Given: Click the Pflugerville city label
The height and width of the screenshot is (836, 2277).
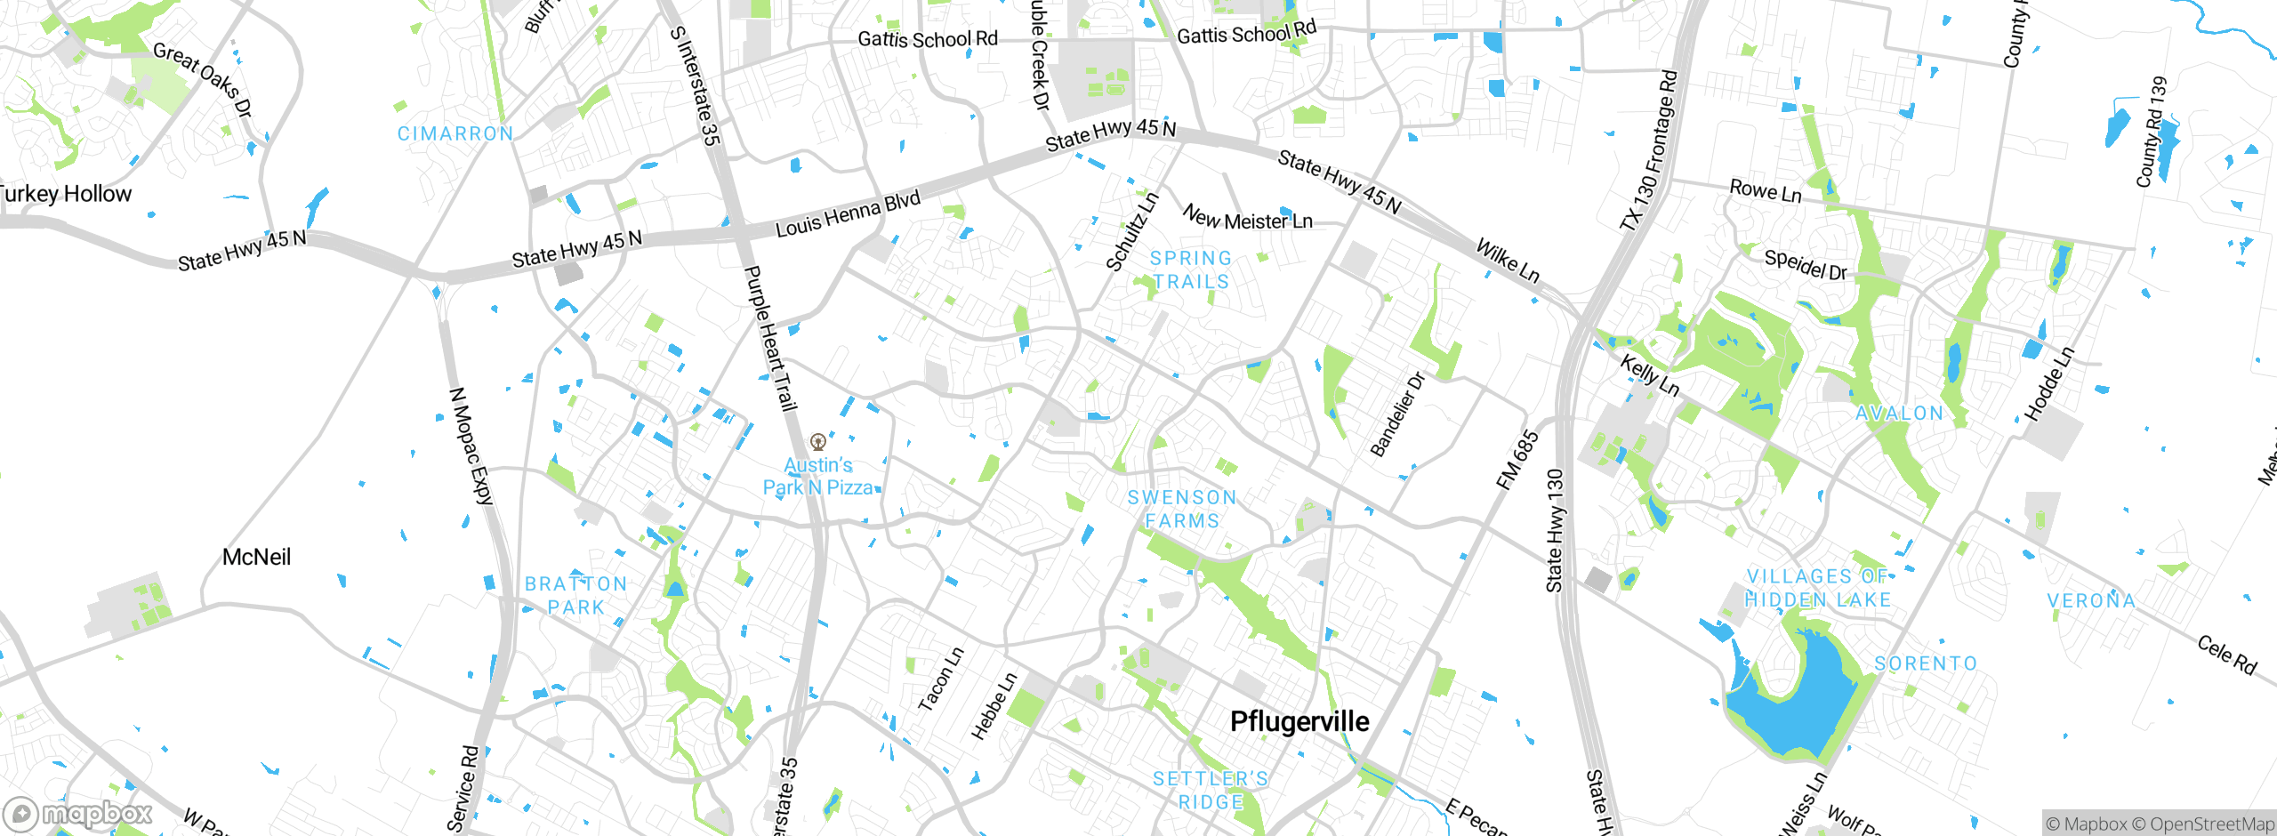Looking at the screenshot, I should pyautogui.click(x=1299, y=721).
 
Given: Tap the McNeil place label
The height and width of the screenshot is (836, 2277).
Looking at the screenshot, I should pyautogui.click(x=256, y=558).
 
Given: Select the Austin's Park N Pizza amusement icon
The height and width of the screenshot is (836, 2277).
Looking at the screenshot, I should pyautogui.click(x=818, y=442).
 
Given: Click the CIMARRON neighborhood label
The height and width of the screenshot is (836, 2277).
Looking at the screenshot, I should pyautogui.click(x=455, y=134).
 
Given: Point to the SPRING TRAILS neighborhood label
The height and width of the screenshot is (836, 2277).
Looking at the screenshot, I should pyautogui.click(x=1191, y=270).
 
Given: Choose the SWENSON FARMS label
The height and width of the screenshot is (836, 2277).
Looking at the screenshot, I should pyautogui.click(x=1182, y=510).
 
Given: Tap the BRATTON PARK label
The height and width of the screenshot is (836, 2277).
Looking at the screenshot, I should pyautogui.click(x=575, y=596).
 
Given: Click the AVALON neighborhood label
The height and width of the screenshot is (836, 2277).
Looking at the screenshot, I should pyautogui.click(x=1899, y=414).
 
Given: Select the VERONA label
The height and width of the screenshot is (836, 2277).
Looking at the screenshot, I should pyautogui.click(x=2090, y=601).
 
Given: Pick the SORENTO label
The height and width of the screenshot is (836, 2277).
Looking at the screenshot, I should pyautogui.click(x=1926, y=664).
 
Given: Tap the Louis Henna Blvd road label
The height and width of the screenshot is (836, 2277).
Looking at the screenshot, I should pyautogui.click(x=848, y=214).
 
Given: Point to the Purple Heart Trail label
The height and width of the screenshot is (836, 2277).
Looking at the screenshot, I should pyautogui.click(x=769, y=338).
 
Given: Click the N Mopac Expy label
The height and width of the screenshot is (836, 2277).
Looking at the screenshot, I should pyautogui.click(x=471, y=446).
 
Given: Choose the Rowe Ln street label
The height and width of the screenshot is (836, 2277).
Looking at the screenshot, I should pyautogui.click(x=1765, y=191).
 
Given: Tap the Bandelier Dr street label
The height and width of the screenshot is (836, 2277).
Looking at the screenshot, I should pyautogui.click(x=1397, y=414).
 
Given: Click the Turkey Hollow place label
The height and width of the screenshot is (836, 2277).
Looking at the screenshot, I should pyautogui.click(x=64, y=194).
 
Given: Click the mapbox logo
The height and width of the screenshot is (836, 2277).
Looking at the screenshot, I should pyautogui.click(x=78, y=814).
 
